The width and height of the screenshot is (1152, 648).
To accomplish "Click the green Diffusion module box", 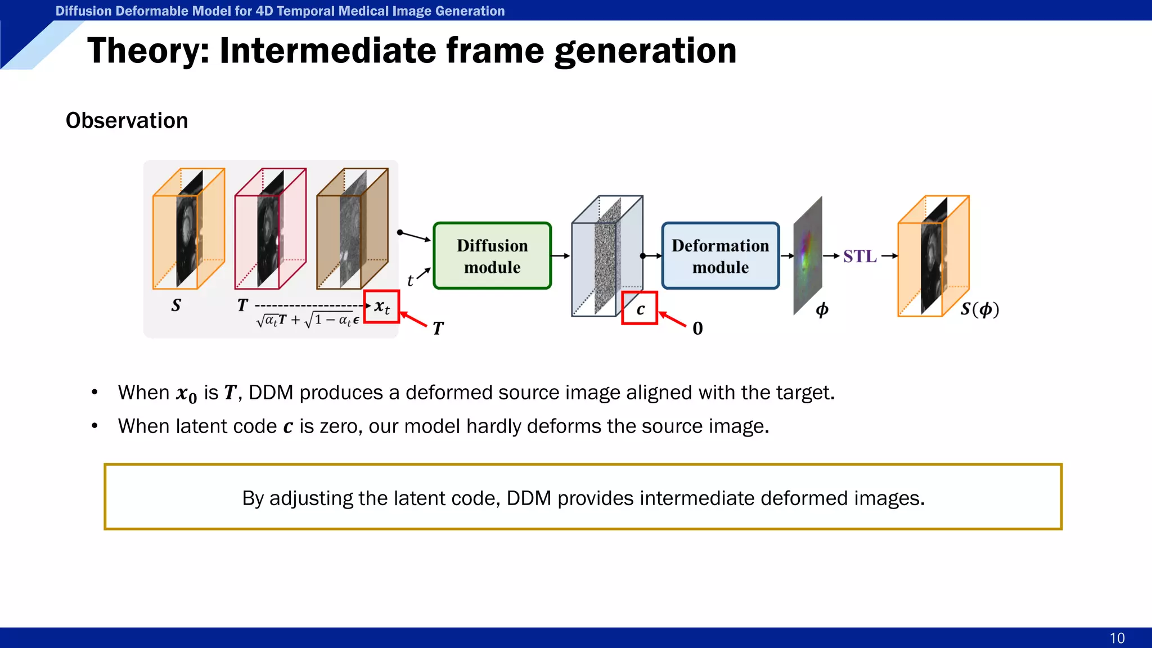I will (492, 256).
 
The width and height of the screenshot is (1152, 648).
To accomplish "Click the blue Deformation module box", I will (720, 256).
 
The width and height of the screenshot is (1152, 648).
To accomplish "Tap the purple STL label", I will (859, 256).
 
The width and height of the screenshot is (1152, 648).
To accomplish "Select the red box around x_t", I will (381, 307).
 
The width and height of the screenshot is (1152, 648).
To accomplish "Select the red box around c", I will (640, 308).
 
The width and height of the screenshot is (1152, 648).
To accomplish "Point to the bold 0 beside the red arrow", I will (697, 328).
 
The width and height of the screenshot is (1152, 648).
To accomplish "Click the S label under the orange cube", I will (176, 305).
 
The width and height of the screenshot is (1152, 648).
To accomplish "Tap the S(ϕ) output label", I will (979, 309).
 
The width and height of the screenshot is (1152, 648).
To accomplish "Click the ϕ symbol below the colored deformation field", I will (822, 309).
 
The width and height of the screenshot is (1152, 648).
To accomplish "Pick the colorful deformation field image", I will (808, 256).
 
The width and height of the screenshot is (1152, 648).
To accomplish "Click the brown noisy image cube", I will (353, 229).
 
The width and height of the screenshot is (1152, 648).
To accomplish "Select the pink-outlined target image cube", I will (271, 229).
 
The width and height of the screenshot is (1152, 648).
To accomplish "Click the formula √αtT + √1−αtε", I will (307, 321).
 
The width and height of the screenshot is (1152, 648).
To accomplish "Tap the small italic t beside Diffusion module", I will (410, 280).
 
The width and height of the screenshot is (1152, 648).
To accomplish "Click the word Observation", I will (127, 120).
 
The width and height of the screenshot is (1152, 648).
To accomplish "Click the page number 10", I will (1117, 638).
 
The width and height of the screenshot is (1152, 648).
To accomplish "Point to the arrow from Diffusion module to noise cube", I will (560, 256).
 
